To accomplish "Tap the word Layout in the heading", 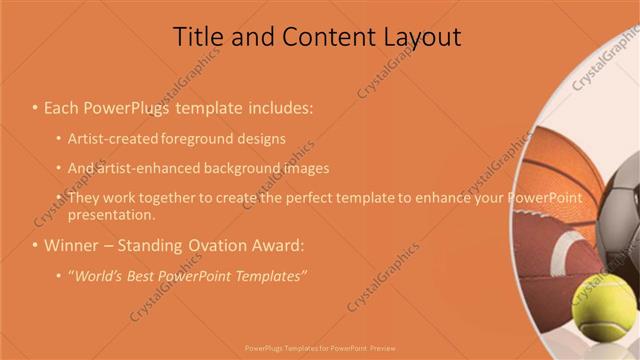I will pyautogui.click(x=421, y=38).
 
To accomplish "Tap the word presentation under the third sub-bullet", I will pyautogui.click(x=111, y=215).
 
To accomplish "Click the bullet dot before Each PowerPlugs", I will pyautogui.click(x=34, y=107).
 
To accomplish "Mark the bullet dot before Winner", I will pyautogui.click(x=34, y=245).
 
